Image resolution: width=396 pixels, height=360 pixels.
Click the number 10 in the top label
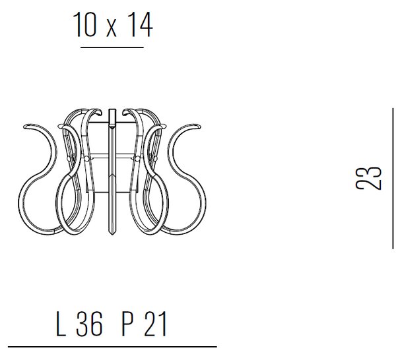(84, 24)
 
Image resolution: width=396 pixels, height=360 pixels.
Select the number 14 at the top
(140, 24)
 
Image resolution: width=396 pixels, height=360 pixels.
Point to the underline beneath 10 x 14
(112, 47)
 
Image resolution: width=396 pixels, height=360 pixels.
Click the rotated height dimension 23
(368, 177)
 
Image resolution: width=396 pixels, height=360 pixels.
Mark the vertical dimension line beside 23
(393, 179)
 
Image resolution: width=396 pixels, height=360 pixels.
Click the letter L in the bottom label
(61, 324)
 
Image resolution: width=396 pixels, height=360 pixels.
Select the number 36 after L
(89, 324)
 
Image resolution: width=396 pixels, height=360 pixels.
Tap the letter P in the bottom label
(128, 324)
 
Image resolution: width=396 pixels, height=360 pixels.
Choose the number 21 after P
(156, 324)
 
